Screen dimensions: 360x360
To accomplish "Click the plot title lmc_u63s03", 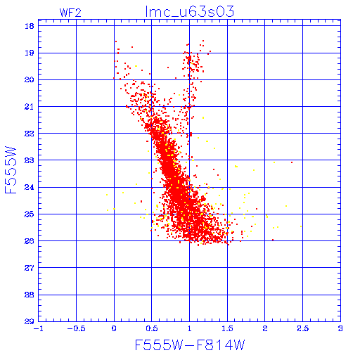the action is coord(190,12).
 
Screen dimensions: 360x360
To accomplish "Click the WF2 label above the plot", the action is coord(70,13).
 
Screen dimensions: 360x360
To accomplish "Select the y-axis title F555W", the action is coord(11,170).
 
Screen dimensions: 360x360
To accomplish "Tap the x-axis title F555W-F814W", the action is coord(190,345).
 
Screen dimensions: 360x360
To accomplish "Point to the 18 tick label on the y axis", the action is coord(30,26).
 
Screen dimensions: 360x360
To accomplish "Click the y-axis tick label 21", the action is coord(30,107).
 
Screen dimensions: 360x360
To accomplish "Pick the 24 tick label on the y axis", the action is coord(30,187).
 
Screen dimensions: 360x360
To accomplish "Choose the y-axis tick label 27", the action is coord(30,268).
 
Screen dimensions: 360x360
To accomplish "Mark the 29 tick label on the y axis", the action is coord(30,321).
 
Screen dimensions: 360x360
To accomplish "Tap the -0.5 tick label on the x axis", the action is coord(76,328).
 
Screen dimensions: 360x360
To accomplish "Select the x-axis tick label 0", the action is coord(114,328).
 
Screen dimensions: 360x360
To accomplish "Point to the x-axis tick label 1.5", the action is coord(227,328).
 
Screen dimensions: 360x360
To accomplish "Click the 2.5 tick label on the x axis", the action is coord(303,328).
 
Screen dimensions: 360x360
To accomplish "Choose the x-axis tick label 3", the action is coord(340,328).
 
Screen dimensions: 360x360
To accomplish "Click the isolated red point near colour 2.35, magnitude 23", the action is coord(292,162).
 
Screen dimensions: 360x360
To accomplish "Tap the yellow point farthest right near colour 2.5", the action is coord(301,226).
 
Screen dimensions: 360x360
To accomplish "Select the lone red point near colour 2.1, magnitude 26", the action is coord(273,240).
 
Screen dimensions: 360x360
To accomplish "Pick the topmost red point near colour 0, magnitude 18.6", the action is coord(116,41).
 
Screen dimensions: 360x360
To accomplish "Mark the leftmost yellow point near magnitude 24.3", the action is coord(107,195).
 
